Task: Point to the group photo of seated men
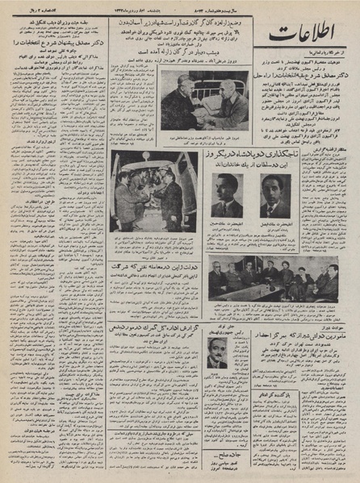255,279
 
